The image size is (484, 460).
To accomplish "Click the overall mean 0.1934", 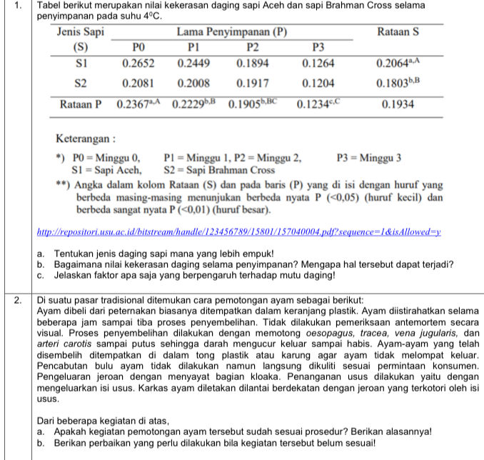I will click(398, 104).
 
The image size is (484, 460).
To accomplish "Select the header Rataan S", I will click(398, 32).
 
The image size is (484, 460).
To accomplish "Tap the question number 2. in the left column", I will click(16, 300).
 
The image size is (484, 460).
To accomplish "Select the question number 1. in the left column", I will click(16, 6).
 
